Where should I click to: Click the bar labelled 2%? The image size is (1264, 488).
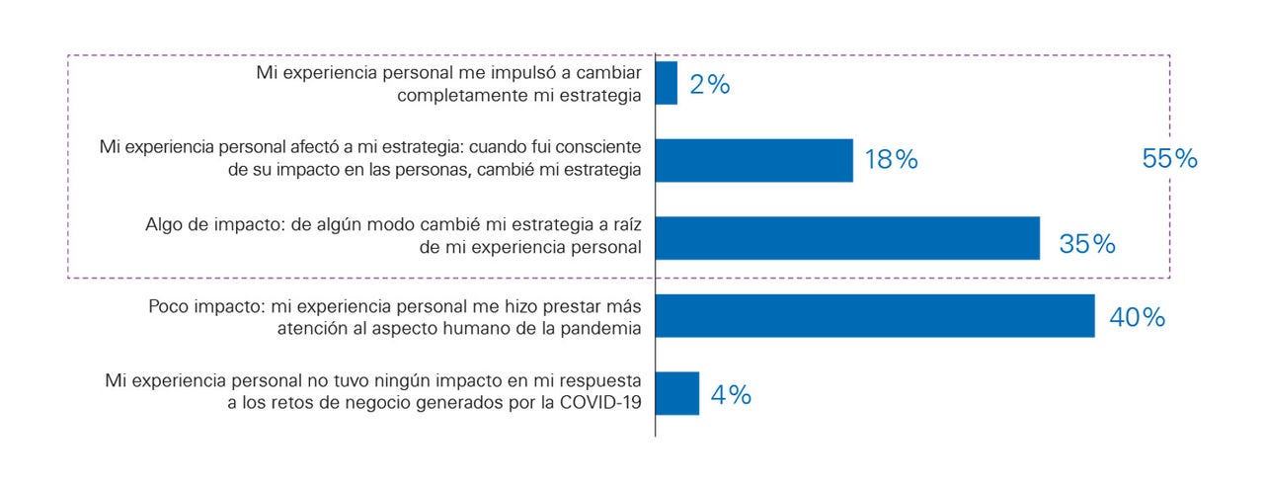(x=667, y=83)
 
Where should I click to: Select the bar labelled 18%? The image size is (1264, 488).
(x=753, y=160)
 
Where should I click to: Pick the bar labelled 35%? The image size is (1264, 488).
(x=847, y=238)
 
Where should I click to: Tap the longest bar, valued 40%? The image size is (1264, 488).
(x=875, y=316)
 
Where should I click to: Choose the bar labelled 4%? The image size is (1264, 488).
(x=677, y=393)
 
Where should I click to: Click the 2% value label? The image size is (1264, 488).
(x=710, y=85)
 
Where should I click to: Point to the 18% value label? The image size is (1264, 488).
(x=891, y=161)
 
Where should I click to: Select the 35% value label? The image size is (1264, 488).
(x=1087, y=244)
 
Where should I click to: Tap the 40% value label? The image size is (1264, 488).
(x=1137, y=318)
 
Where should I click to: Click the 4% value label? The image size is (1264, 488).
(x=731, y=396)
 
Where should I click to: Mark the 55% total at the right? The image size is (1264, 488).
(x=1169, y=159)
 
